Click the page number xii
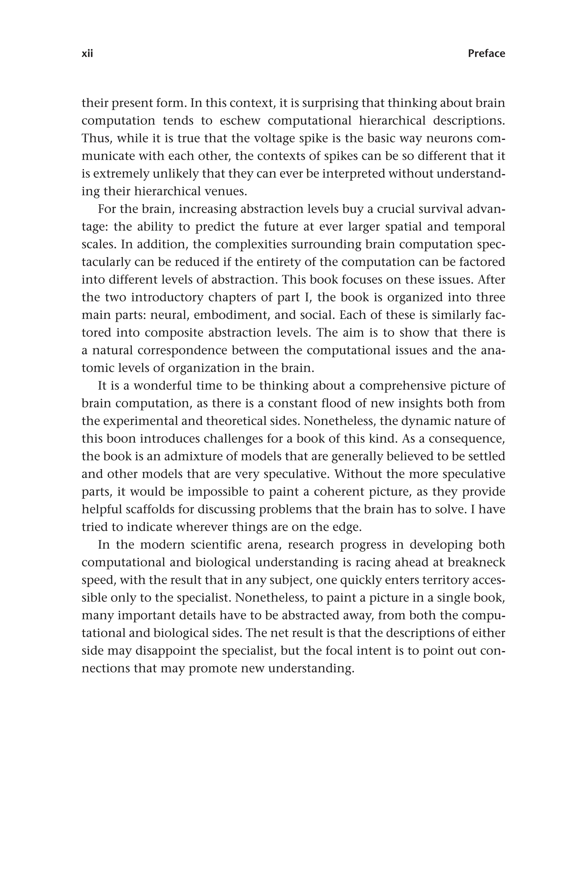[x=87, y=54]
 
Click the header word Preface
[x=486, y=54]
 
